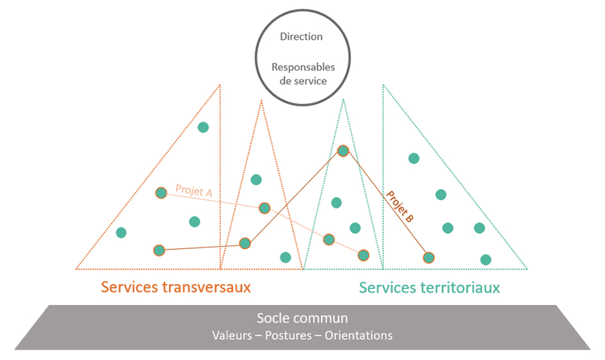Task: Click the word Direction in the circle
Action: pyautogui.click(x=301, y=37)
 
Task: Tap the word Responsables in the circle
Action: pyautogui.click(x=303, y=67)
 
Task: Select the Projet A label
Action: pyautogui.click(x=194, y=190)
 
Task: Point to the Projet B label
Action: pyautogui.click(x=399, y=206)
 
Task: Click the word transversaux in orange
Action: pyautogui.click(x=206, y=288)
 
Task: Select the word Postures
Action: pyautogui.click(x=288, y=336)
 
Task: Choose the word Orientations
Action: pyautogui.click(x=359, y=336)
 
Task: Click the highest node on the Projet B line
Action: pyautogui.click(x=343, y=151)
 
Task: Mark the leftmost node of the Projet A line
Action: pyautogui.click(x=161, y=193)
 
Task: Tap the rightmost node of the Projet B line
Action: pyautogui.click(x=429, y=258)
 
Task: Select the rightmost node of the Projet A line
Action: pyautogui.click(x=364, y=255)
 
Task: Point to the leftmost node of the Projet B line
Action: pyautogui.click(x=159, y=250)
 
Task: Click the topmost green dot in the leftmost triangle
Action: pyautogui.click(x=204, y=127)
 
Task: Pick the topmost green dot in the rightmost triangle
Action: pyautogui.click(x=414, y=158)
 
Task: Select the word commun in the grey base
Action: pyautogui.click(x=320, y=318)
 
